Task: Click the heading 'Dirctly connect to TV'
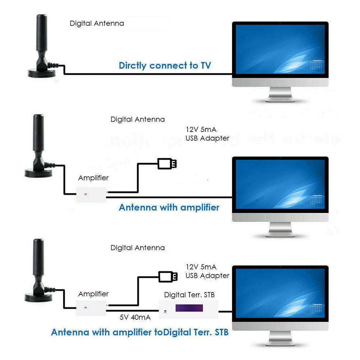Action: pyautogui.click(x=165, y=65)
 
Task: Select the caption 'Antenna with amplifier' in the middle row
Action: pyautogui.click(x=169, y=208)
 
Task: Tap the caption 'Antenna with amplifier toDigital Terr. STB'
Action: pyautogui.click(x=140, y=332)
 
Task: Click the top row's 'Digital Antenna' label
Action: pyautogui.click(x=97, y=24)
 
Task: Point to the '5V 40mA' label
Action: pyautogui.click(x=135, y=317)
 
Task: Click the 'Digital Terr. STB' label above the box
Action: pyautogui.click(x=189, y=295)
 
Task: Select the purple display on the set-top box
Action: pyautogui.click(x=189, y=308)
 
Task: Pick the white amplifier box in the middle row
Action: pyautogui.click(x=91, y=194)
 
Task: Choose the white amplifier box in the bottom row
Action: pyautogui.click(x=91, y=307)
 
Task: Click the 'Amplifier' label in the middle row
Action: pyautogui.click(x=93, y=178)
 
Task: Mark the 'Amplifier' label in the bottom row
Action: pyautogui.click(x=93, y=294)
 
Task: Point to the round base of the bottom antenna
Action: pyautogui.click(x=38, y=297)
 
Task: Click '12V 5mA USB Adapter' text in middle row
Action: pyautogui.click(x=207, y=134)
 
